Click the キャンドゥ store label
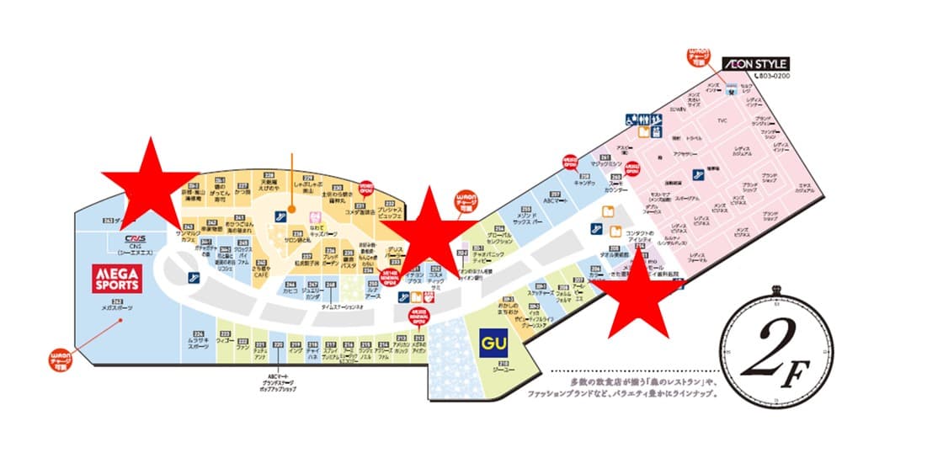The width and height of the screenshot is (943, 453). click(586, 182)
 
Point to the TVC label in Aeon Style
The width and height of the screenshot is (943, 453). click(722, 120)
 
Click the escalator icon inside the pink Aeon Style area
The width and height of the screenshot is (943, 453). click(698, 174)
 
